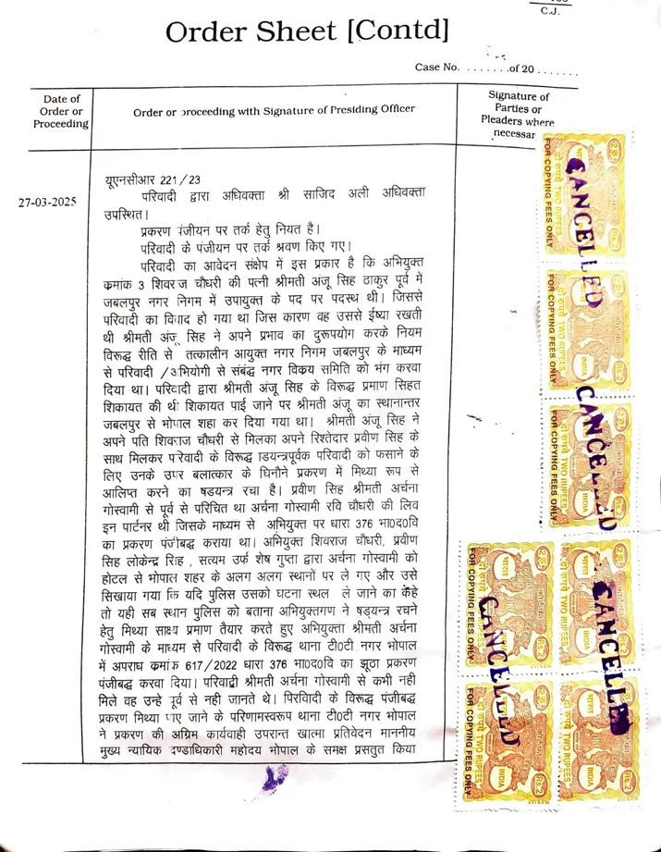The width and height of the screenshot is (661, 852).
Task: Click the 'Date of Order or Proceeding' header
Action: pos(61,111)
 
